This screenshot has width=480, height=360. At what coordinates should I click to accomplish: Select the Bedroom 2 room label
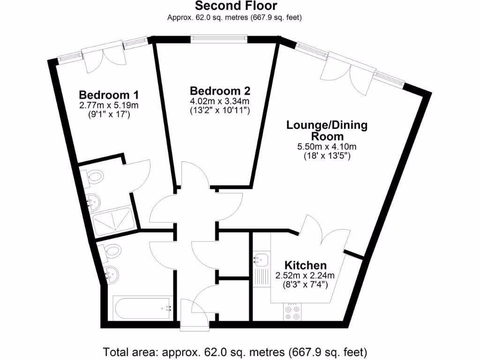point(220,90)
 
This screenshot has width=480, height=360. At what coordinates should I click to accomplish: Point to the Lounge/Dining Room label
point(327,131)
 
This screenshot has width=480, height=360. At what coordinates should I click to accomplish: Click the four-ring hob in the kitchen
point(293,312)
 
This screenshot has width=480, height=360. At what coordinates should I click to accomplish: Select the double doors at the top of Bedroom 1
point(104,59)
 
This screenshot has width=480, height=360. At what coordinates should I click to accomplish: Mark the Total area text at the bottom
point(234,351)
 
